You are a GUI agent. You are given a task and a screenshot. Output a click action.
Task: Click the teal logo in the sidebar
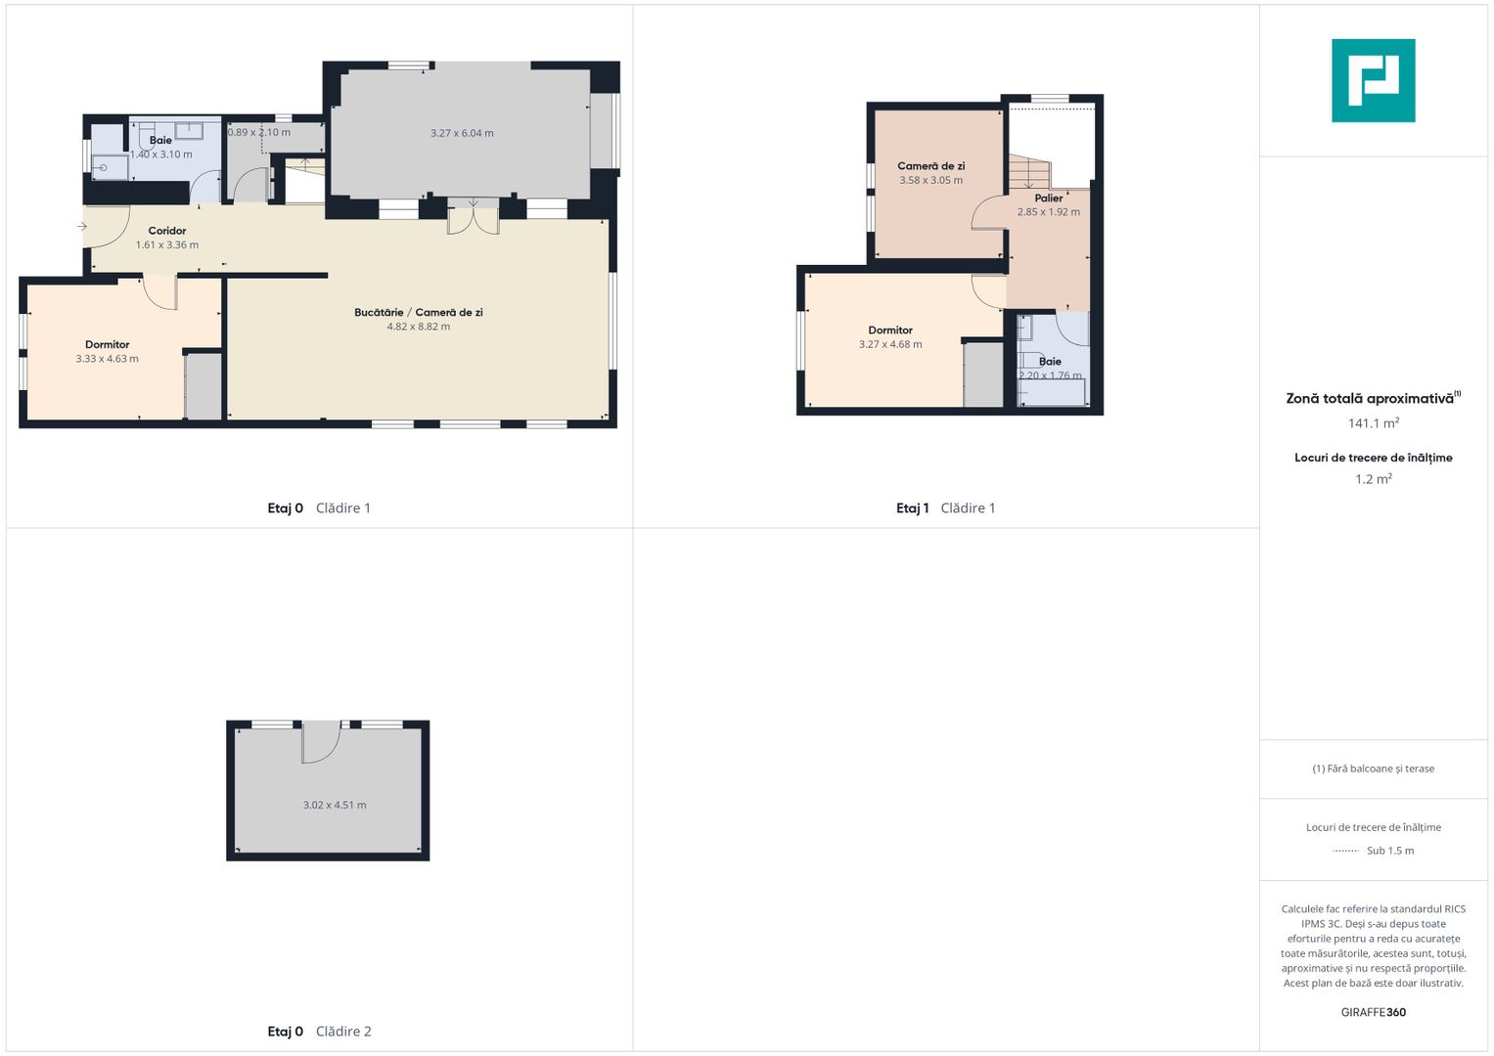point(1373,80)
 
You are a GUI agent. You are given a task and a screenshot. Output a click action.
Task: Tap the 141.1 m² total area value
point(1373,422)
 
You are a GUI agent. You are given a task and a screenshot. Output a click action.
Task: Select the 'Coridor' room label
point(166,231)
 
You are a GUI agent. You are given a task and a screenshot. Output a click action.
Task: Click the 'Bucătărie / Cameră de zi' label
point(418,312)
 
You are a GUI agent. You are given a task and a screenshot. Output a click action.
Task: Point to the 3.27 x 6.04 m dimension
point(462,133)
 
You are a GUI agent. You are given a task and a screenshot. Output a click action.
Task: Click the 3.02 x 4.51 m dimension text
point(335,805)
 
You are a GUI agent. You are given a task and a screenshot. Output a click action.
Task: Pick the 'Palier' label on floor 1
point(1049,198)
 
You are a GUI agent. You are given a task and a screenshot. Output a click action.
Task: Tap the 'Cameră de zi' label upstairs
point(930,166)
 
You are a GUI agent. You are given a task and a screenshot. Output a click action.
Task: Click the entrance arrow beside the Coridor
point(82,227)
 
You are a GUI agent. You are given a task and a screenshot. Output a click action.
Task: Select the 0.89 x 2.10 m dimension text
point(258,132)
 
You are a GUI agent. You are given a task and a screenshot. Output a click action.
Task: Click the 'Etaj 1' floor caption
point(912,508)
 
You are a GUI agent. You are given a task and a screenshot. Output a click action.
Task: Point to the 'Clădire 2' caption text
point(342,1032)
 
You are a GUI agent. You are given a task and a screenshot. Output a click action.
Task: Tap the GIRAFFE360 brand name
point(1373,1012)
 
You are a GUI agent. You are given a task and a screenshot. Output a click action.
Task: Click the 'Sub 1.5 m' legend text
point(1390,851)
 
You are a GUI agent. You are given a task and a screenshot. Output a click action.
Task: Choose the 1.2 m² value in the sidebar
point(1373,479)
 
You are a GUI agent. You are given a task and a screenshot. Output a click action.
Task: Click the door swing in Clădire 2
point(322,742)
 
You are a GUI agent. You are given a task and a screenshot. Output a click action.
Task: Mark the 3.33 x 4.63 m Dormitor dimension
point(107,359)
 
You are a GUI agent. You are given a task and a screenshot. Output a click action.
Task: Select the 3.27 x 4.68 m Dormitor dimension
point(889,344)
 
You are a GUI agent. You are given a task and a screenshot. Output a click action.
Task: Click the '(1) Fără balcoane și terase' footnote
point(1373,769)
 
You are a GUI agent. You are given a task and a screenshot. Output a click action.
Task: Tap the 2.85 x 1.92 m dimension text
point(1048,212)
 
